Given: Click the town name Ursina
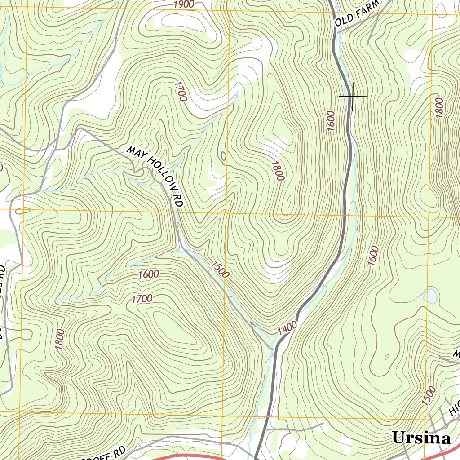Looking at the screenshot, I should pyautogui.click(x=421, y=438).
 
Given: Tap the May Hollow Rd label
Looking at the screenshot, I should pyautogui.click(x=155, y=176).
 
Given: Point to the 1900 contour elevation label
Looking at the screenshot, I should pyautogui.click(x=183, y=5).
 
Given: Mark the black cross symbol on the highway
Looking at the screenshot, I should pyautogui.click(x=353, y=96).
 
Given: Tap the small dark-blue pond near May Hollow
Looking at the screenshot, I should pyautogui.click(x=223, y=156).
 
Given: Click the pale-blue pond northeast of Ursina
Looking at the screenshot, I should pyautogui.click(x=431, y=296).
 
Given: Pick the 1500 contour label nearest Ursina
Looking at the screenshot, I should pyautogui.click(x=429, y=395).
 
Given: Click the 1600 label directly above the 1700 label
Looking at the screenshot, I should pyautogui.click(x=149, y=274).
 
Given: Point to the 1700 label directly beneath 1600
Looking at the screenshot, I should pyautogui.click(x=142, y=298).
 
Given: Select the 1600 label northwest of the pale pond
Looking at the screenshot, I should pyautogui.click(x=373, y=256).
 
